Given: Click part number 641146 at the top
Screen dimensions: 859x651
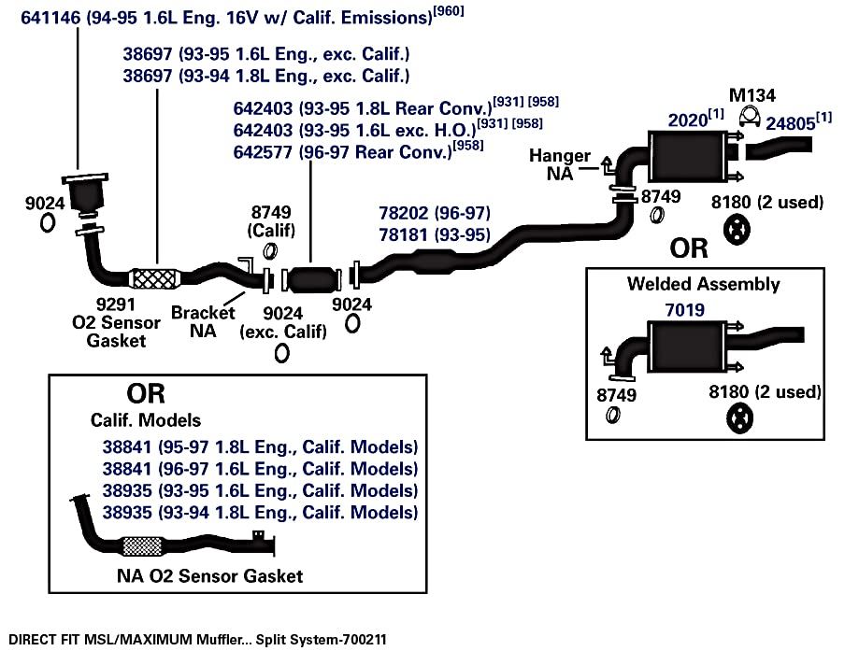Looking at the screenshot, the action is click(x=50, y=18).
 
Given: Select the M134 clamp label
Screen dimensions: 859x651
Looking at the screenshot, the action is click(x=752, y=95).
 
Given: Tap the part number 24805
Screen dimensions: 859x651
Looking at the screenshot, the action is click(x=790, y=123).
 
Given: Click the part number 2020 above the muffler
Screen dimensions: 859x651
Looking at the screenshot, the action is click(x=688, y=120).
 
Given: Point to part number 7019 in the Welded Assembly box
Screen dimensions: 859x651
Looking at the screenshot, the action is click(x=685, y=310).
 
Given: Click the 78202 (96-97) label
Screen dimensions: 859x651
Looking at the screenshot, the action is click(x=435, y=213).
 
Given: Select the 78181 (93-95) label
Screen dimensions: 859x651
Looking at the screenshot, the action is click(x=435, y=234).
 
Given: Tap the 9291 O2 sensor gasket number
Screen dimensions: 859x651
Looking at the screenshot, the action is click(x=115, y=304).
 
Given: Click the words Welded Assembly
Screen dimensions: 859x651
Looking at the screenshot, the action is click(x=704, y=284).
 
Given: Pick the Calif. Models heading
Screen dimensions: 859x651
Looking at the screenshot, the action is click(x=146, y=420).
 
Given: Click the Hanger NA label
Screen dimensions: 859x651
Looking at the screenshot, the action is click(x=559, y=164).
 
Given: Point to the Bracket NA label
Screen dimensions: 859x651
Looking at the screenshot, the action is click(x=203, y=321).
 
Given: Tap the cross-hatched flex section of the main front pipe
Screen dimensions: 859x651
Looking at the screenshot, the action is click(x=155, y=278).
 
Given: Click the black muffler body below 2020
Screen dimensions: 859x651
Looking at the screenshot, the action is click(x=688, y=157).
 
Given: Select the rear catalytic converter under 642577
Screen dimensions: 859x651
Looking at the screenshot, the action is click(x=311, y=280).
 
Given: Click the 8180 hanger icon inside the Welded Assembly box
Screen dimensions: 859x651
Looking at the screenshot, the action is click(x=739, y=418).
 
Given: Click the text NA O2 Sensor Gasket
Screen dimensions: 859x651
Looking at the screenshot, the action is click(x=209, y=576).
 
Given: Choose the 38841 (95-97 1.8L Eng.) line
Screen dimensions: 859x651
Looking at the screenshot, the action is click(x=260, y=446).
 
